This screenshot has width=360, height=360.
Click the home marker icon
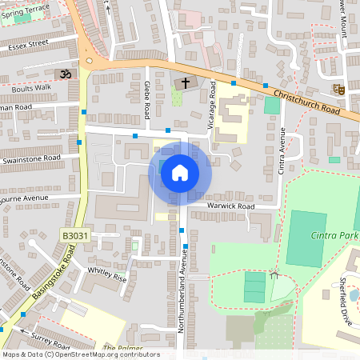(x=180, y=172)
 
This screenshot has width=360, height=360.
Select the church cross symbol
(x=186, y=82)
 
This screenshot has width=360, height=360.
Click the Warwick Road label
(x=230, y=206)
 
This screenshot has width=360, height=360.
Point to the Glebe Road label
(x=148, y=100)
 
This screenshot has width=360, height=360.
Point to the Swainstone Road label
(x=31, y=159)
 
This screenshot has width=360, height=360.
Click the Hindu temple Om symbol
(x=66, y=74)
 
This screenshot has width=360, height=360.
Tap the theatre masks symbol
(x=340, y=90)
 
